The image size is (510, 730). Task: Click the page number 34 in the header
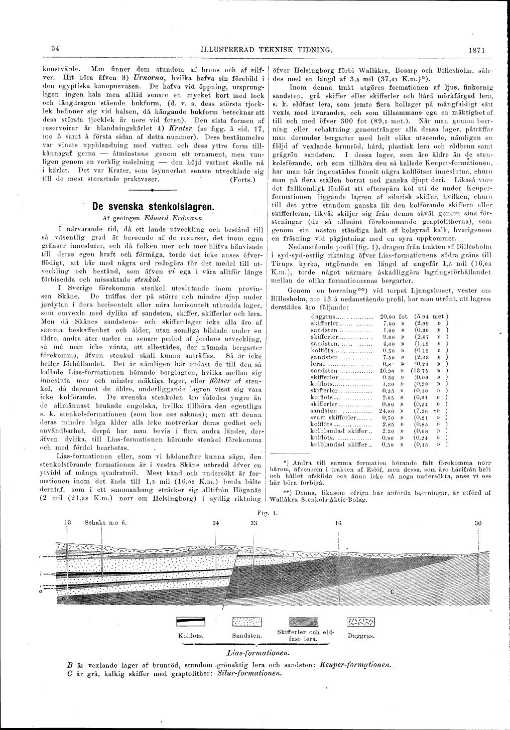pyautogui.click(x=55, y=49)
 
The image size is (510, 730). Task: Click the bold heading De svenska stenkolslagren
pyautogui.click(x=153, y=207)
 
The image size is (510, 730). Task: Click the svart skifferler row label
pyautogui.click(x=333, y=417)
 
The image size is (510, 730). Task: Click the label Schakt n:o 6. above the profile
pyautogui.click(x=106, y=522)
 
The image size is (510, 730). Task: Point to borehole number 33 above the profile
pyautogui.click(x=253, y=522)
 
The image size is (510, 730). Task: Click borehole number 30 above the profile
pyautogui.click(x=478, y=522)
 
